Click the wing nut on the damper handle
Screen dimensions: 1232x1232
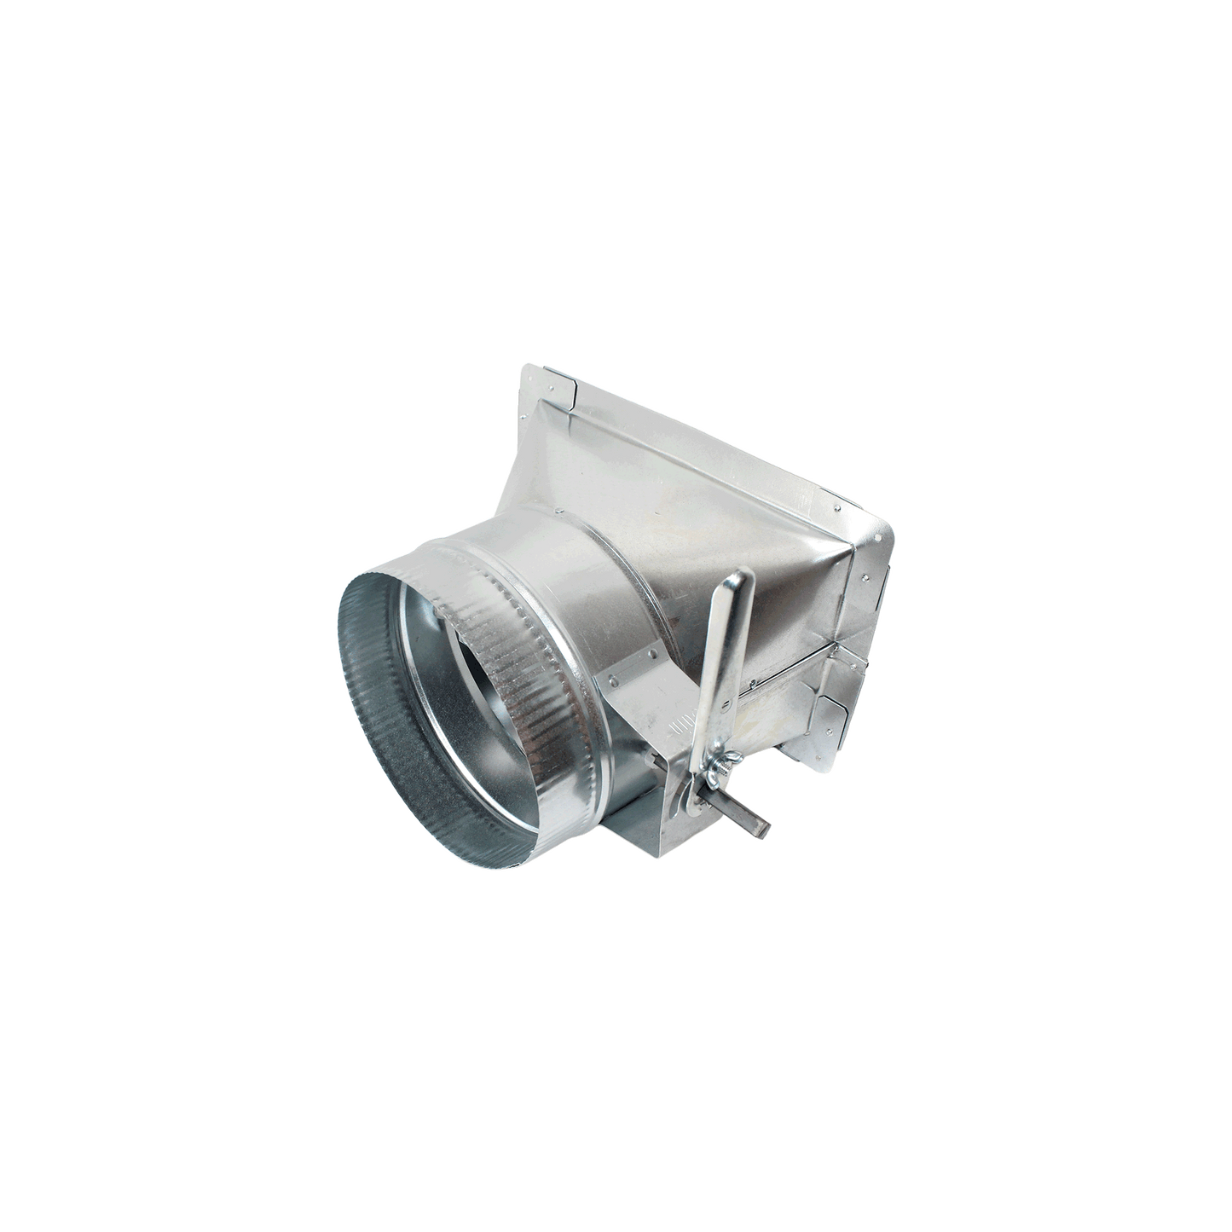tap(714, 758)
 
